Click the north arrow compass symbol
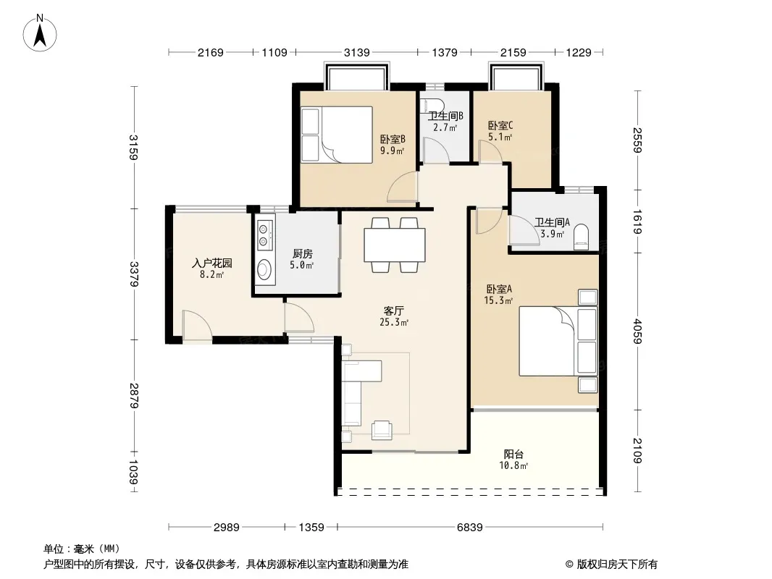pyautogui.click(x=40, y=33)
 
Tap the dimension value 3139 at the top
pyautogui.click(x=356, y=52)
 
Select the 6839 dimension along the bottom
pyautogui.click(x=470, y=528)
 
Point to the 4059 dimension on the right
pyautogui.click(x=637, y=331)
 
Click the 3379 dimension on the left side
pyautogui.click(x=134, y=274)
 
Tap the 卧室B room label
pyautogui.click(x=393, y=140)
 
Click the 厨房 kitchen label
pyautogui.click(x=302, y=254)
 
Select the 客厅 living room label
pyautogui.click(x=394, y=311)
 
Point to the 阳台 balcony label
pyautogui.click(x=513, y=454)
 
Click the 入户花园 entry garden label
pyautogui.click(x=211, y=263)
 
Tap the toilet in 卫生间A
pyautogui.click(x=581, y=237)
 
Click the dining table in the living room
pyautogui.click(x=395, y=245)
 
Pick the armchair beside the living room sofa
pyautogui.click(x=382, y=429)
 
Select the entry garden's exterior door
pyautogui.click(x=197, y=325)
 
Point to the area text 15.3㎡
pyautogui.click(x=498, y=300)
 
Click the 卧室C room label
pyautogui.click(x=500, y=125)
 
